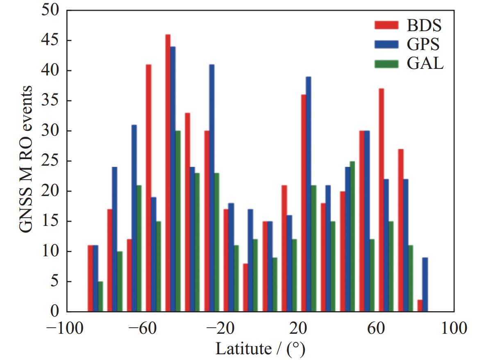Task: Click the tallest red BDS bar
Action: point(168,172)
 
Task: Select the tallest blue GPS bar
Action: point(173,179)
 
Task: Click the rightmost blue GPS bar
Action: point(425,284)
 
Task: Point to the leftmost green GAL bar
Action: point(100,296)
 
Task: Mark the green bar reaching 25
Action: point(352,236)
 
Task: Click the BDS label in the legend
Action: point(424,25)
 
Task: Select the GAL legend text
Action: point(425,64)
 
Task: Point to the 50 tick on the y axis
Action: point(49,11)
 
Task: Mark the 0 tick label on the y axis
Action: point(54,312)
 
